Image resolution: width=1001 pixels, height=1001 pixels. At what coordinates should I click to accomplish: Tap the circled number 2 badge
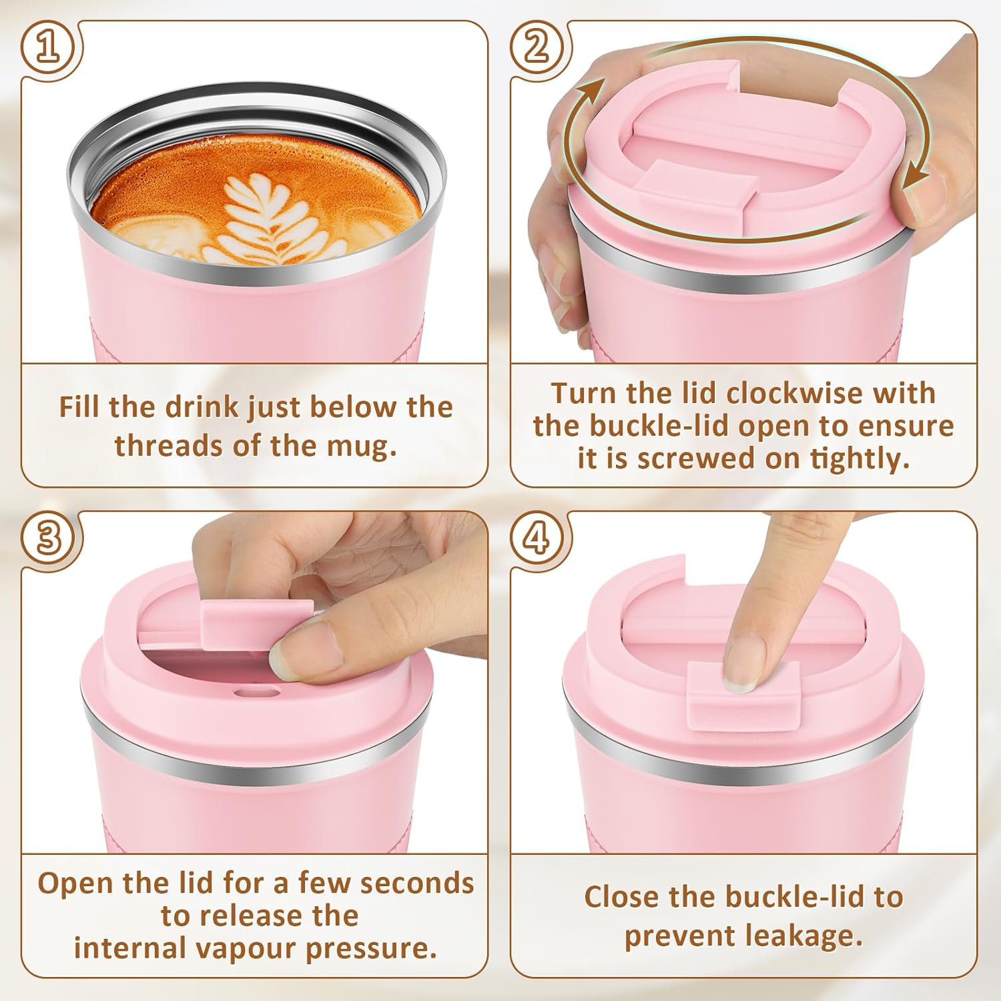(x=536, y=48)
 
